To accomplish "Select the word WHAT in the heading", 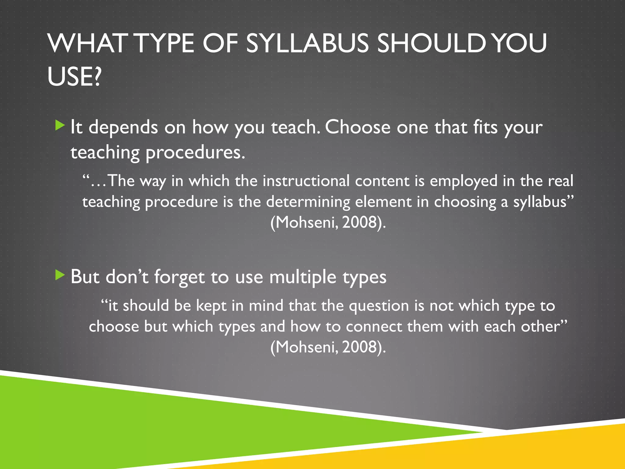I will tap(87, 43).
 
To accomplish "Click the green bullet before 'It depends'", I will tap(60, 125).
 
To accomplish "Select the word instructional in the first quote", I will tap(306, 181).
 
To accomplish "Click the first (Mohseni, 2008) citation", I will tap(328, 222).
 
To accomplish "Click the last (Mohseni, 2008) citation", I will tap(328, 347).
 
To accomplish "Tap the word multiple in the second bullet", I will tap(303, 277).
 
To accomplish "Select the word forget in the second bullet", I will tap(179, 277).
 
